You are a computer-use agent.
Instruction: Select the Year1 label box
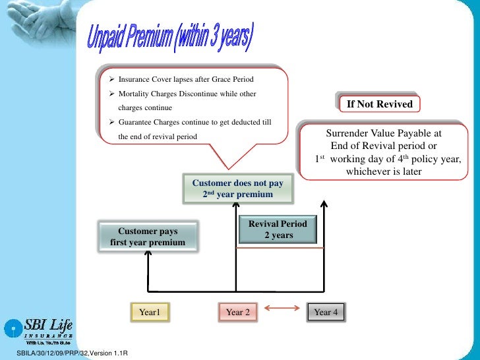click(x=150, y=312)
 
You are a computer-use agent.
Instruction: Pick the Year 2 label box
click(x=237, y=312)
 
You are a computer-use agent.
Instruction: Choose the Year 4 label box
click(x=326, y=312)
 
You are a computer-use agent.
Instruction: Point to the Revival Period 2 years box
click(x=278, y=229)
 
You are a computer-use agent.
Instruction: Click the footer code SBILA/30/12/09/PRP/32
click(x=46, y=355)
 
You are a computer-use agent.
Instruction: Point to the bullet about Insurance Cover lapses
click(x=185, y=80)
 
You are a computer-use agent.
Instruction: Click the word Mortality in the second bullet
click(x=135, y=94)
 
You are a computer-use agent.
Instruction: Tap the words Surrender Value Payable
click(x=384, y=133)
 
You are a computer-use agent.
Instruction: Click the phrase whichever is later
click(x=384, y=172)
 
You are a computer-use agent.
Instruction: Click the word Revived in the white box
click(x=395, y=104)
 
